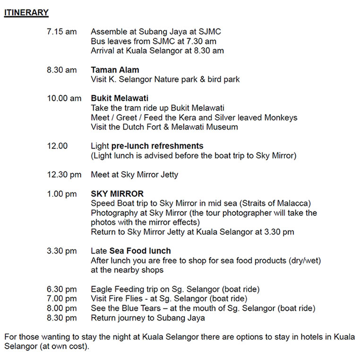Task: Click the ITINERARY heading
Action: pyautogui.click(x=26, y=13)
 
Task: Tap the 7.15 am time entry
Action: pyautogui.click(x=61, y=32)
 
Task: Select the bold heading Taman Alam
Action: pyautogui.click(x=115, y=70)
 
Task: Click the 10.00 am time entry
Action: pyautogui.click(x=64, y=98)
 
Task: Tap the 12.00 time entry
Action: pyautogui.click(x=57, y=146)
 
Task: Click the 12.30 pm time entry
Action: pyautogui.click(x=64, y=175)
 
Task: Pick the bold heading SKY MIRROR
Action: pyautogui.click(x=117, y=194)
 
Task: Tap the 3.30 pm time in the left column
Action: pyautogui.click(x=61, y=251)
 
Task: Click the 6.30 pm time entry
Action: pyautogui.click(x=61, y=289)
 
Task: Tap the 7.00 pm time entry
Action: pyautogui.click(x=61, y=299)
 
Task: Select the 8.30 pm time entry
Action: pyautogui.click(x=61, y=318)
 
